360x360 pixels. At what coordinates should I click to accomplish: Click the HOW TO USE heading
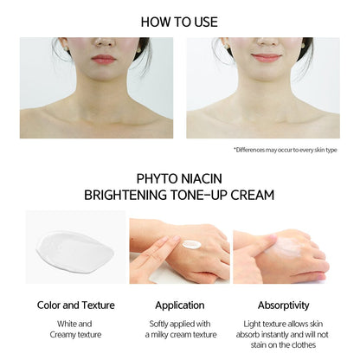click(x=180, y=22)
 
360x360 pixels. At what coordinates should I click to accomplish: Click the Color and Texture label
click(x=76, y=305)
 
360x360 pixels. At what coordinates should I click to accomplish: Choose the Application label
click(x=179, y=305)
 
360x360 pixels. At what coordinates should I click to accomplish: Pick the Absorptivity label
click(x=283, y=305)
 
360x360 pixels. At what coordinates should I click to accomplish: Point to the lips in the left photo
click(x=104, y=59)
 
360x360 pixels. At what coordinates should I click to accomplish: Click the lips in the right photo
click(x=266, y=58)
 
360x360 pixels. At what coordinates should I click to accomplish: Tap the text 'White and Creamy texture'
click(x=76, y=328)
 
